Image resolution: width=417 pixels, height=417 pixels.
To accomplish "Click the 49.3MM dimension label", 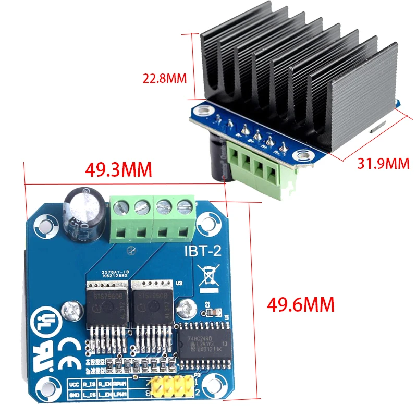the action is (x=119, y=170).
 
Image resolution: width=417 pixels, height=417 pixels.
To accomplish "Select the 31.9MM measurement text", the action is (x=384, y=163).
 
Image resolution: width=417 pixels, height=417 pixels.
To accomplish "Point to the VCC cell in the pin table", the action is (x=74, y=384).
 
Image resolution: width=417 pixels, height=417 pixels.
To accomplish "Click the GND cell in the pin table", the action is (x=74, y=395).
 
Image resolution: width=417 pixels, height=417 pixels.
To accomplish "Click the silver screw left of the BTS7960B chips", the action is (x=70, y=312).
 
